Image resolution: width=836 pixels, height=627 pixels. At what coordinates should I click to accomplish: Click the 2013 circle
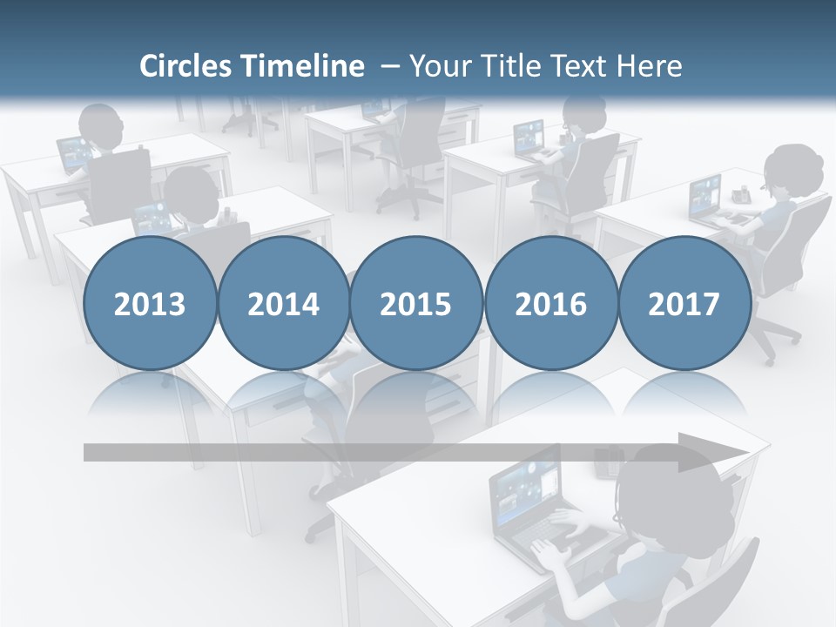click(x=150, y=303)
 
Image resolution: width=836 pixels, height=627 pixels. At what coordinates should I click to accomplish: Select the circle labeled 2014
click(x=283, y=303)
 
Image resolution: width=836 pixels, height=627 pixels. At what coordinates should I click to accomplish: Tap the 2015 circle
click(x=416, y=303)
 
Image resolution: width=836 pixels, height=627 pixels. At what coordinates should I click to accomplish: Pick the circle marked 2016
click(x=550, y=303)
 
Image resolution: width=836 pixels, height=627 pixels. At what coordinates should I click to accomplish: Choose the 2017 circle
click(x=684, y=303)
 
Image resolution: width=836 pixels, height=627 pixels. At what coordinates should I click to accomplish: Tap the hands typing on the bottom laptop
click(x=557, y=540)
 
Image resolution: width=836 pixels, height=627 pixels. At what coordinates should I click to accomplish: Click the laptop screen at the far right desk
click(x=705, y=197)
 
